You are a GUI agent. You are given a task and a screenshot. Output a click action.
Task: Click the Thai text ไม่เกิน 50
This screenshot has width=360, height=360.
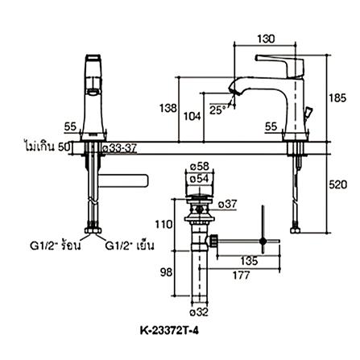47,148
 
